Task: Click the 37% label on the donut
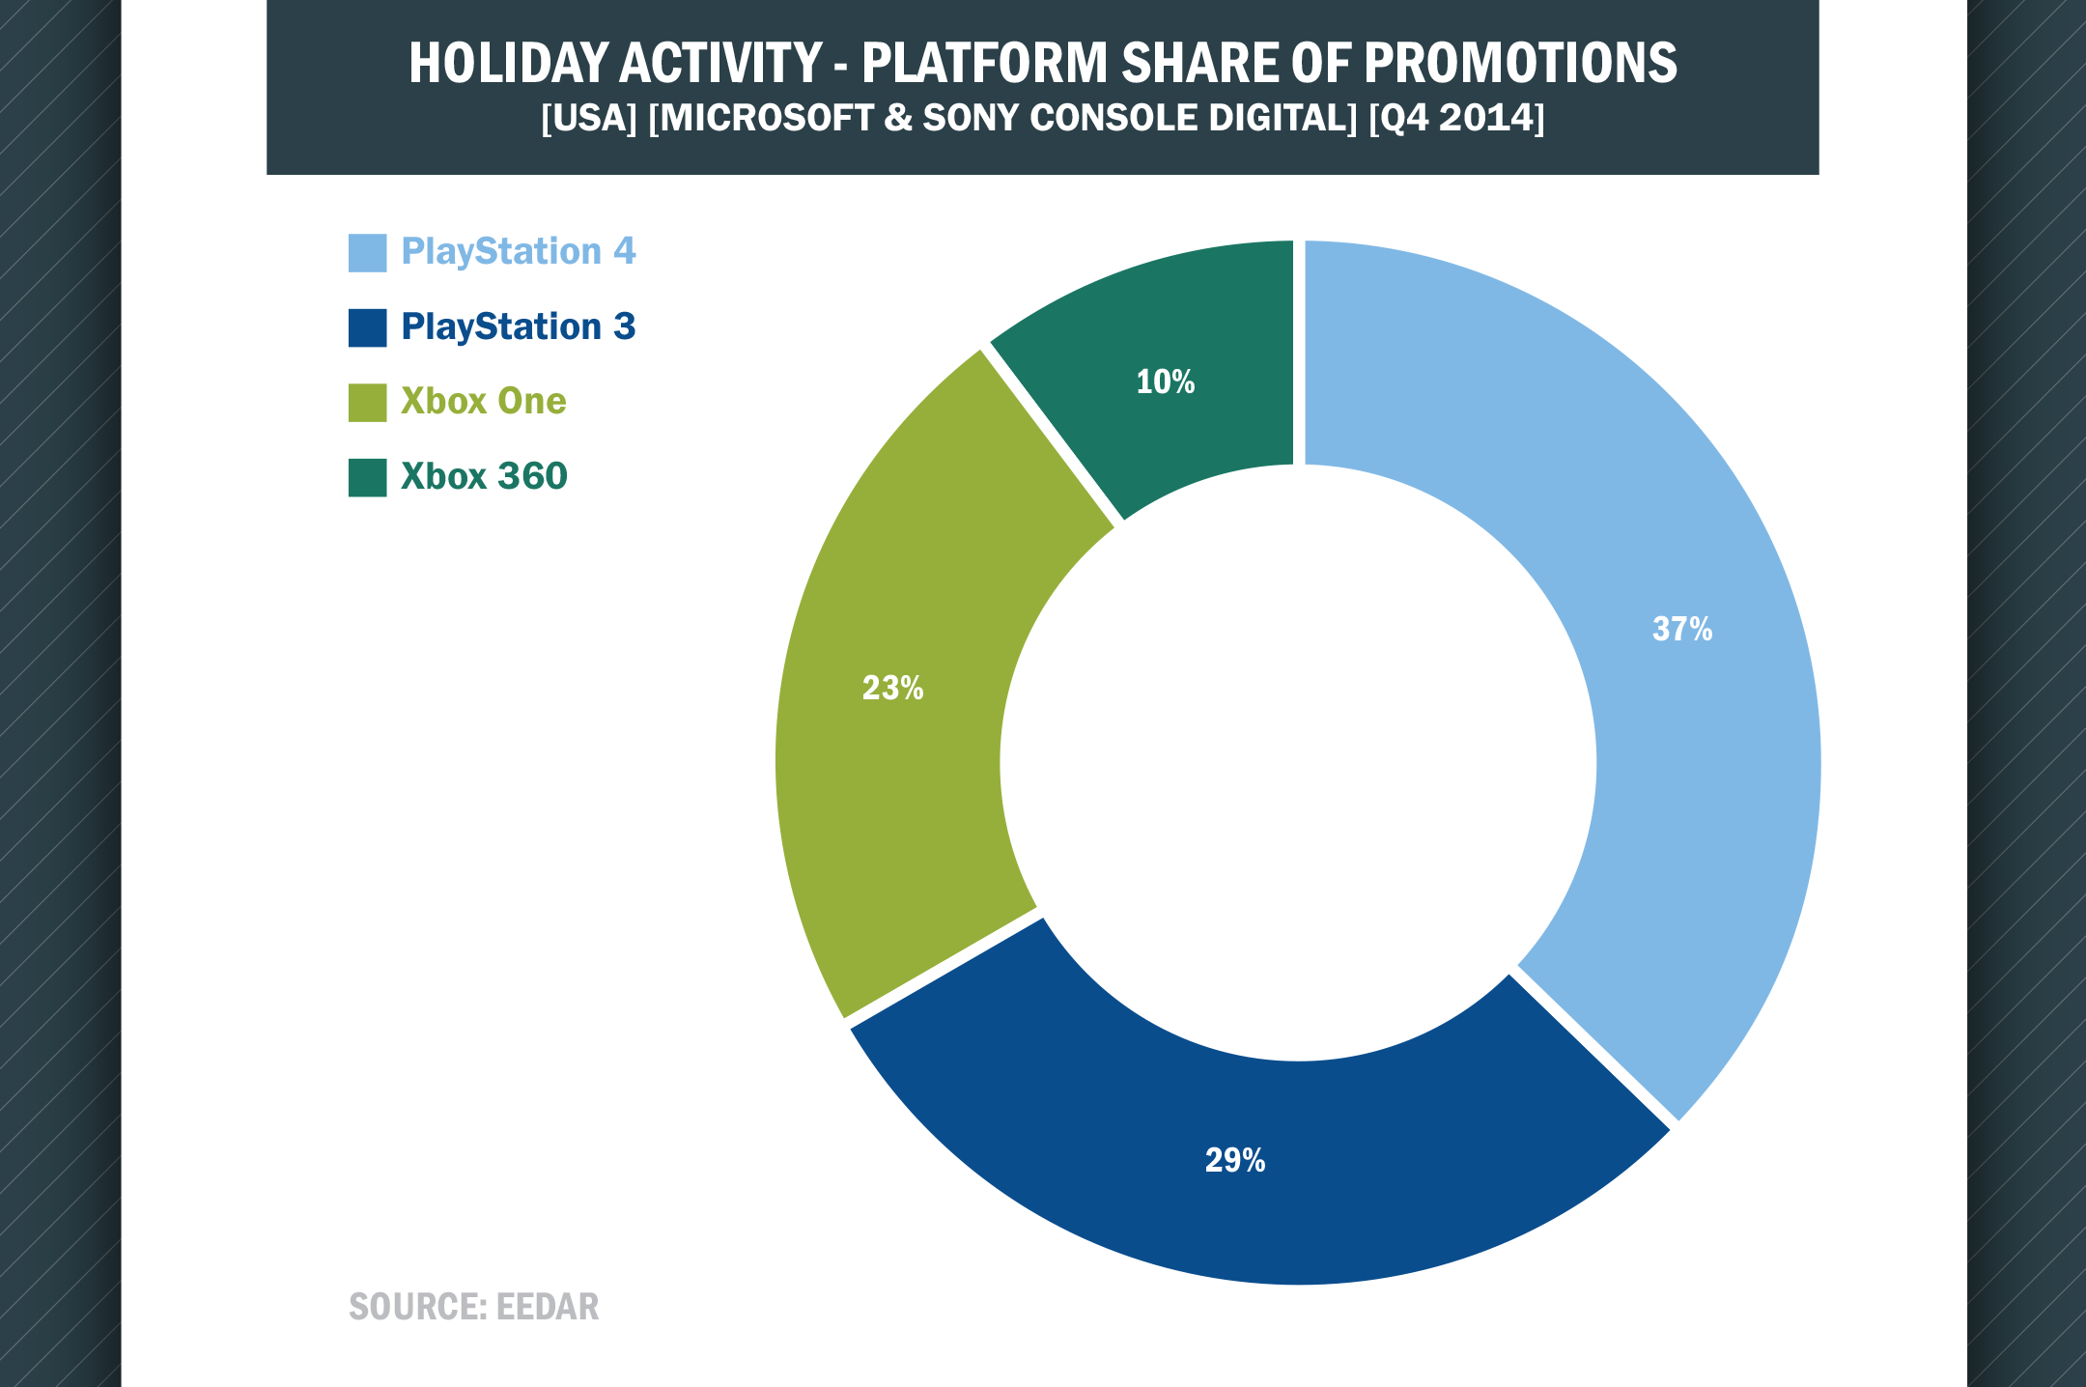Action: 1682,630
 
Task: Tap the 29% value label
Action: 1235,1160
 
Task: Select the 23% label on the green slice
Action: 892,688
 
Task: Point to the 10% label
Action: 1166,382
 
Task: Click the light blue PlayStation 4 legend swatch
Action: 367,253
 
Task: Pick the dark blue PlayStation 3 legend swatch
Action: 367,327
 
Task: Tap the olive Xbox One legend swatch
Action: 367,403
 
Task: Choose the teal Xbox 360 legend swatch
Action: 367,477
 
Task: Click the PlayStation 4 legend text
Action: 519,252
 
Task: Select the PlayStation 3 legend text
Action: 519,327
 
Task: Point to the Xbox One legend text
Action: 484,401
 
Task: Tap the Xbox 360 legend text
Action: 484,476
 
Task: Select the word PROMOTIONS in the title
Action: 1520,63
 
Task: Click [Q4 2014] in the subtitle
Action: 1457,118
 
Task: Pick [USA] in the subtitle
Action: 589,118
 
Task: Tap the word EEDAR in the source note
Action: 548,1307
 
